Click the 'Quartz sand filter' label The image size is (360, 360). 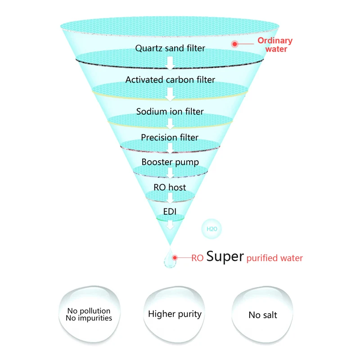[x=170, y=48]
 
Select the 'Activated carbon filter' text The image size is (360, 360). [x=170, y=80]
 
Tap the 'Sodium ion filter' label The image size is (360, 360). [x=170, y=111]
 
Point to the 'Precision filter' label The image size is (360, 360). [x=170, y=137]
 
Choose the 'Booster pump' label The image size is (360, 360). [x=170, y=162]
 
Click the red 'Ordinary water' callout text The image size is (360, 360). [x=275, y=45]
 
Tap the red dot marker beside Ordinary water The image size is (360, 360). [x=234, y=44]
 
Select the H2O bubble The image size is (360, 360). [x=212, y=229]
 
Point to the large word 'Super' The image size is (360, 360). [x=225, y=257]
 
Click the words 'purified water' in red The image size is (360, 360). [x=275, y=258]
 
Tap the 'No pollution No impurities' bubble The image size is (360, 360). [x=89, y=314]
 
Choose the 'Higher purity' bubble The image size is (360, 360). [x=175, y=314]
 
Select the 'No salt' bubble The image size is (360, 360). [x=263, y=315]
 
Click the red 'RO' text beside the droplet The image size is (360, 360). [x=197, y=258]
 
